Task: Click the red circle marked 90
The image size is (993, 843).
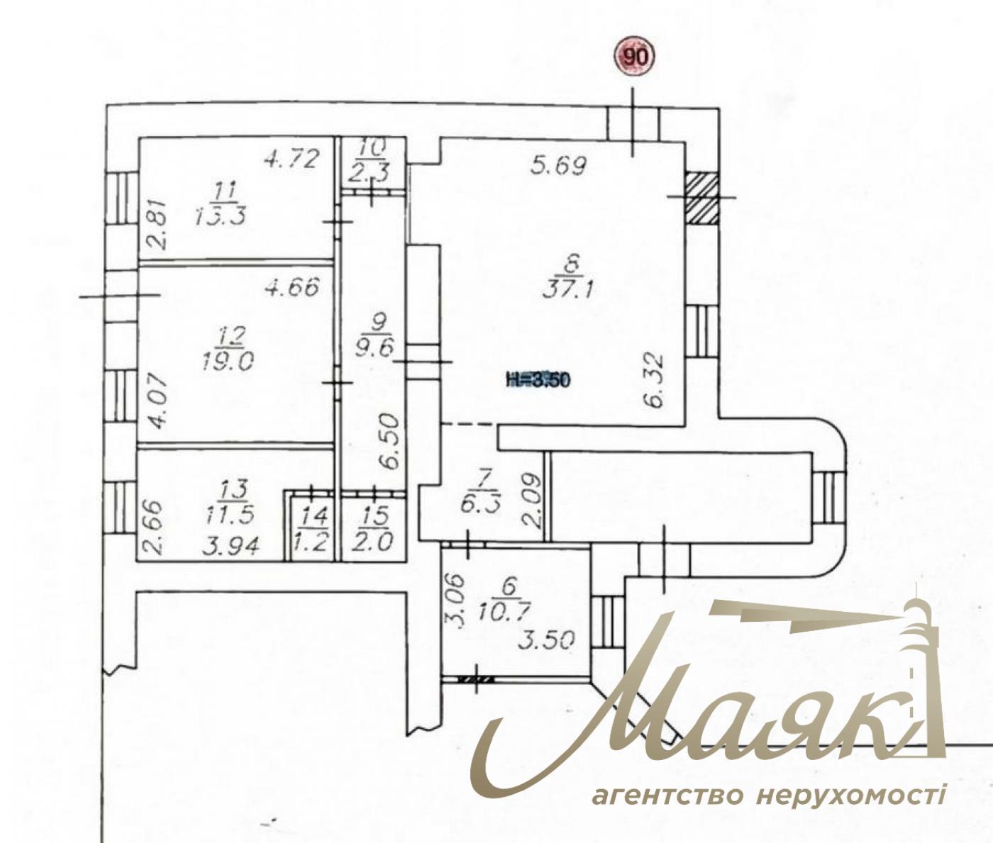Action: (635, 57)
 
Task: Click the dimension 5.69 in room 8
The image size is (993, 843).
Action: (559, 167)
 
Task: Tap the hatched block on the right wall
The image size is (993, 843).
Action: (702, 198)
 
